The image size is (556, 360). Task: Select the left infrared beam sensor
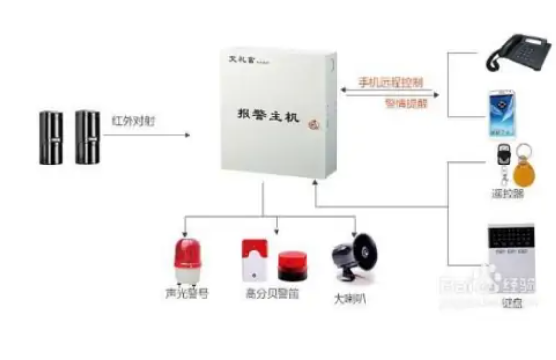[x=50, y=135]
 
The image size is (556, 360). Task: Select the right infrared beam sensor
[x=88, y=135]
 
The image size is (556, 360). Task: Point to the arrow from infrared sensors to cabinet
[x=160, y=134]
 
